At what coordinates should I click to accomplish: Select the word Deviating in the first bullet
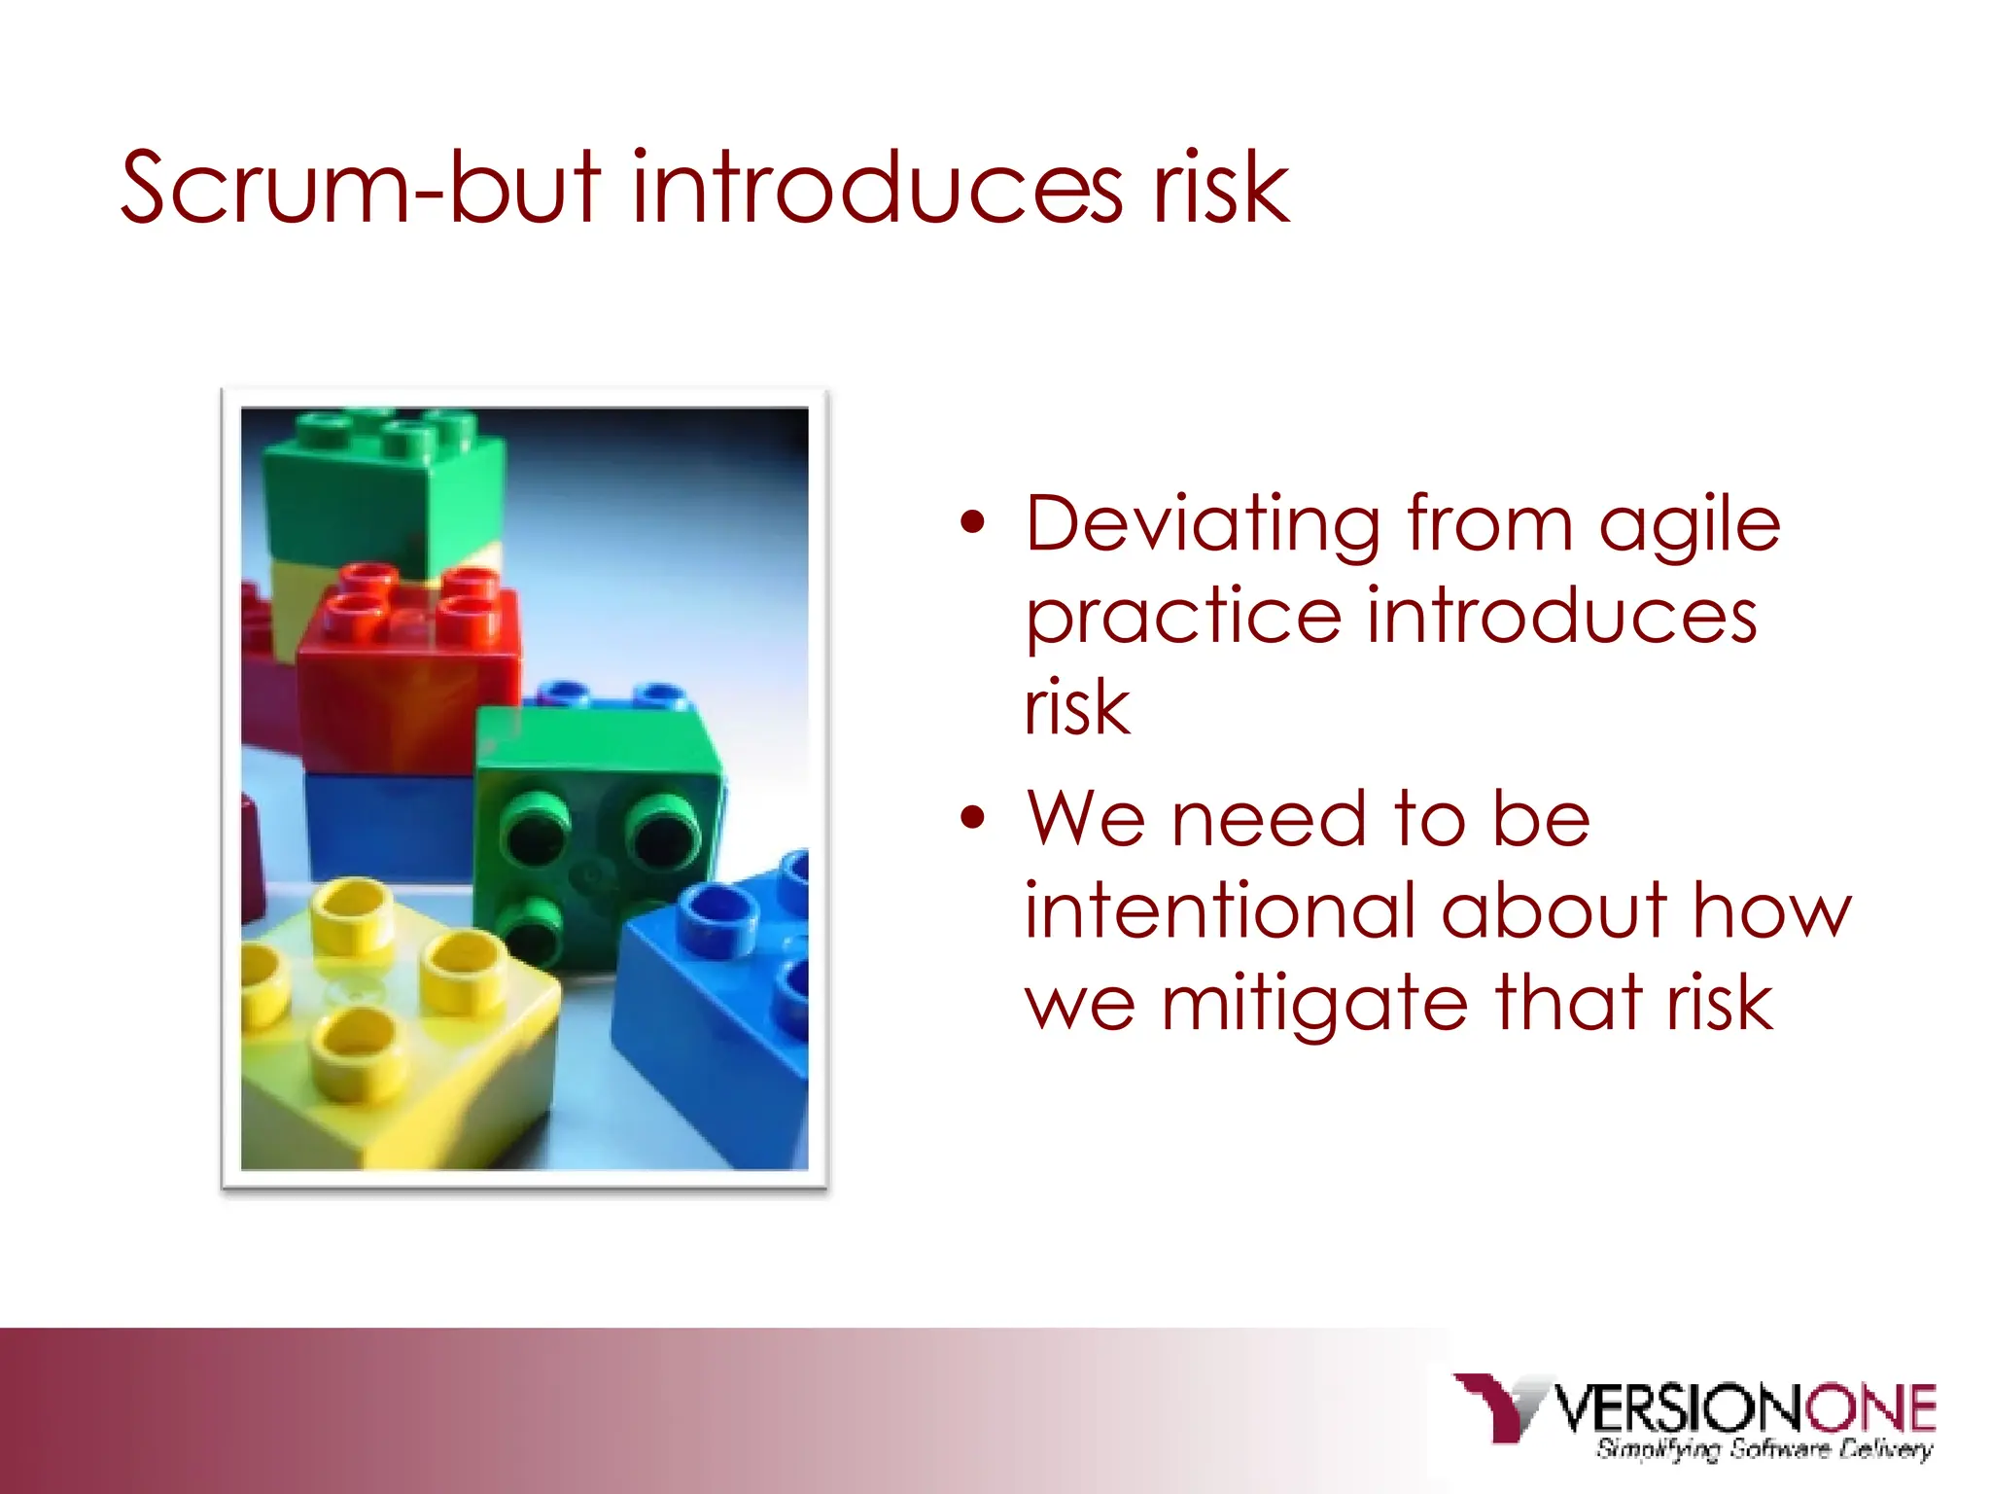tap(1203, 525)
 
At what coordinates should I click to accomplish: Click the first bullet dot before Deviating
tap(971, 523)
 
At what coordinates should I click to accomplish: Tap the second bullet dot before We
tap(971, 817)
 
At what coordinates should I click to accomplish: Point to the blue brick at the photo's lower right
tap(719, 1012)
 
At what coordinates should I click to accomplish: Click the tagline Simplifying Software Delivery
tap(1764, 1449)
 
